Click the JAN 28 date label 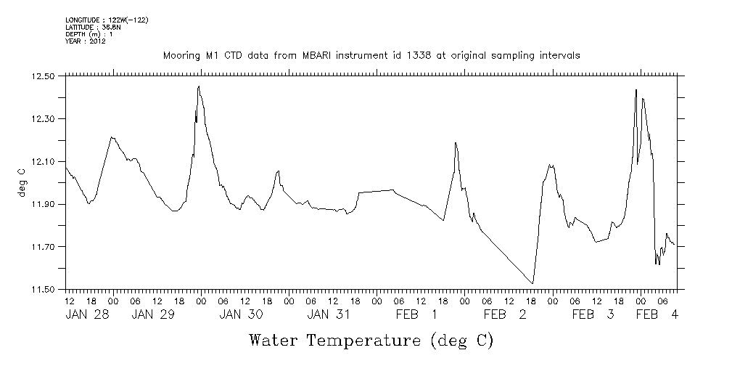88,314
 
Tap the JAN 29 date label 154,314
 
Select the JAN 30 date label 241,314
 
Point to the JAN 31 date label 329,314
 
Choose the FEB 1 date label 416,314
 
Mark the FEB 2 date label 503,314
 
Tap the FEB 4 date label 657,314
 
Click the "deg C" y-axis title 21,183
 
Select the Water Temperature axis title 371,340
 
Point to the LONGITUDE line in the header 107,20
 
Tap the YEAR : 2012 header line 86,41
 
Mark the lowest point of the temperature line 533,283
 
